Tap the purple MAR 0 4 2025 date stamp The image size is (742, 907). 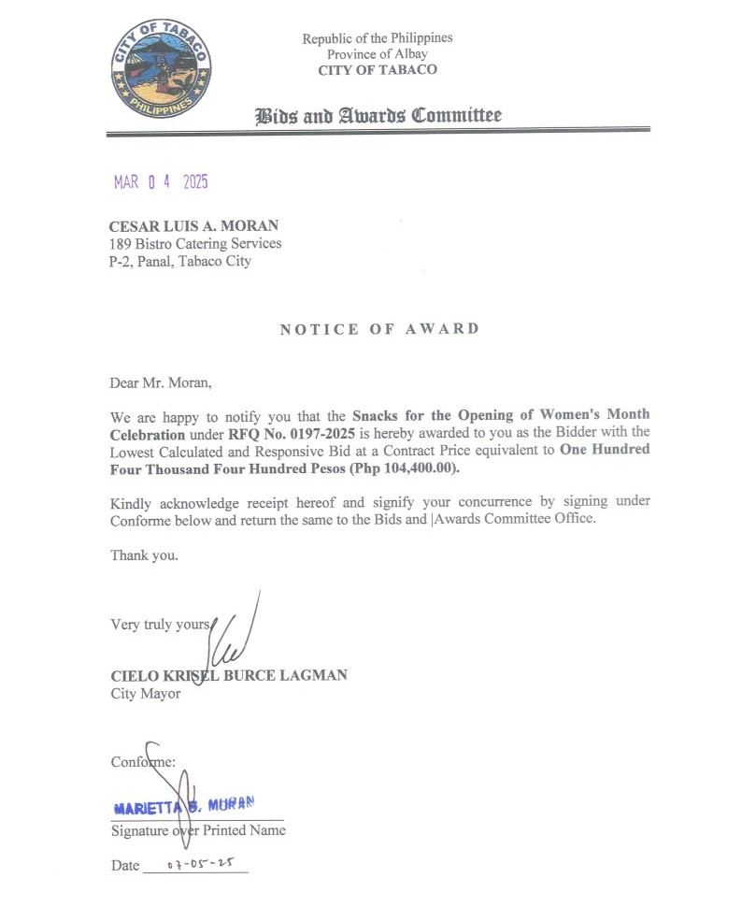[x=161, y=182]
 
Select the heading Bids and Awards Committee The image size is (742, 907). [x=378, y=116]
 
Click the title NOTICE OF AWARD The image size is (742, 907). [x=379, y=329]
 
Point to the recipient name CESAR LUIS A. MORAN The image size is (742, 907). [x=193, y=225]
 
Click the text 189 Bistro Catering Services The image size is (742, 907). [x=195, y=244]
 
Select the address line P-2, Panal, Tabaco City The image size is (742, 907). [x=180, y=262]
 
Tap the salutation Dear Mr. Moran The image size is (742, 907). [x=155, y=382]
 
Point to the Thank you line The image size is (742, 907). [x=144, y=554]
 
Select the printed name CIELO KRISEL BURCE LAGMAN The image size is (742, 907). [x=229, y=675]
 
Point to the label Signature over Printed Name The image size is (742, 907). [x=198, y=830]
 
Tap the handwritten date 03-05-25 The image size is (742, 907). [x=200, y=865]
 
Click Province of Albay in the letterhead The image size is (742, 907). [x=377, y=54]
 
